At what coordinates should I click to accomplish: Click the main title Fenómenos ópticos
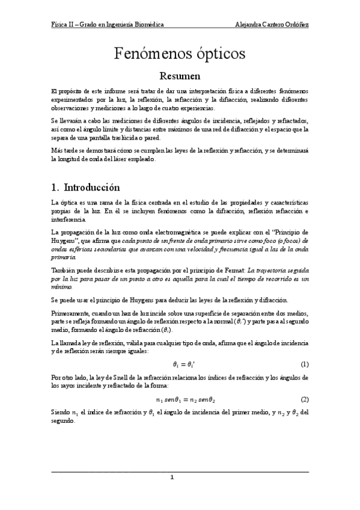click(x=180, y=54)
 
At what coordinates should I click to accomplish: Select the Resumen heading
click(x=180, y=76)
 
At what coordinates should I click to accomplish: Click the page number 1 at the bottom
click(x=172, y=478)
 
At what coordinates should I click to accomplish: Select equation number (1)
click(x=305, y=364)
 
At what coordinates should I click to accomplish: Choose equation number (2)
click(x=305, y=399)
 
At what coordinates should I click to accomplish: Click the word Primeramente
click(x=70, y=314)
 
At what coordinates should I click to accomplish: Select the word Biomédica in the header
click(x=149, y=24)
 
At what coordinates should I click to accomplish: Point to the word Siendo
click(x=61, y=412)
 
